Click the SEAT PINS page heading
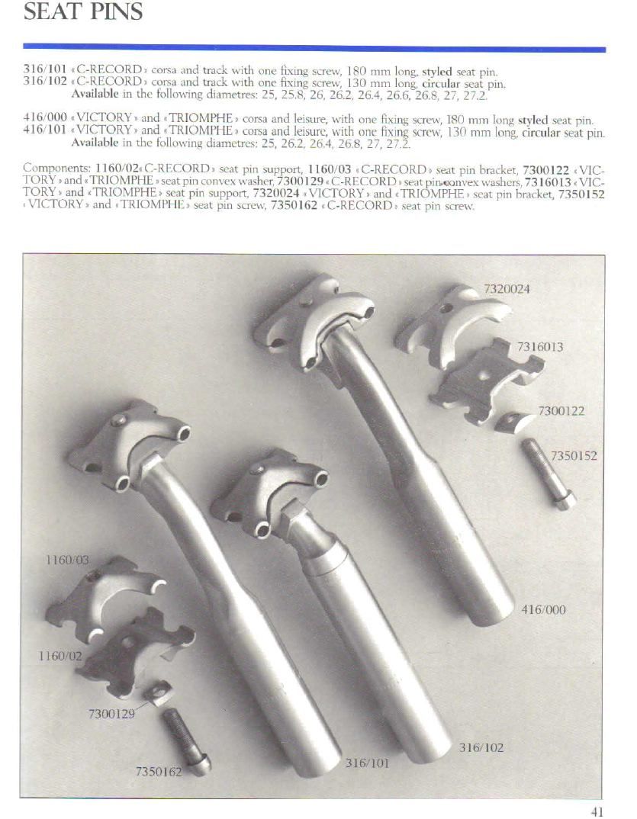(83, 11)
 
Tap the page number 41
(597, 811)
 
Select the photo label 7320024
(507, 289)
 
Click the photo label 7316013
(540, 347)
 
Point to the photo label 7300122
(561, 411)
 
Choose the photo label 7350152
(573, 455)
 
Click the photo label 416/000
(543, 609)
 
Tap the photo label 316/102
(481, 747)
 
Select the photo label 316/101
(368, 763)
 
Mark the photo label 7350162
(159, 772)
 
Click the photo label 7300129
(111, 714)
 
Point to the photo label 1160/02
(60, 656)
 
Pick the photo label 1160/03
(67, 560)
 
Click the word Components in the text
(57, 169)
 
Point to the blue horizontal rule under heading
(314, 49)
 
